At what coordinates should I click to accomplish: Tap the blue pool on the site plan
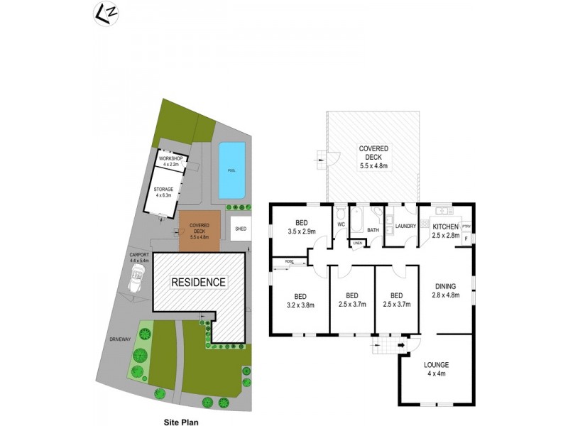(x=231, y=170)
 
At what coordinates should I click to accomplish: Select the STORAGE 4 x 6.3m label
(x=164, y=192)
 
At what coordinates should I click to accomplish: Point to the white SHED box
(x=241, y=229)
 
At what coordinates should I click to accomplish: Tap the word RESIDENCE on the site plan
(x=199, y=283)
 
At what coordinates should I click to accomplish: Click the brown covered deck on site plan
(x=200, y=231)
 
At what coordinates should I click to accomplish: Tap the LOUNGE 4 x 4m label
(x=436, y=370)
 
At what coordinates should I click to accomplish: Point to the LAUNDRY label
(x=401, y=226)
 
